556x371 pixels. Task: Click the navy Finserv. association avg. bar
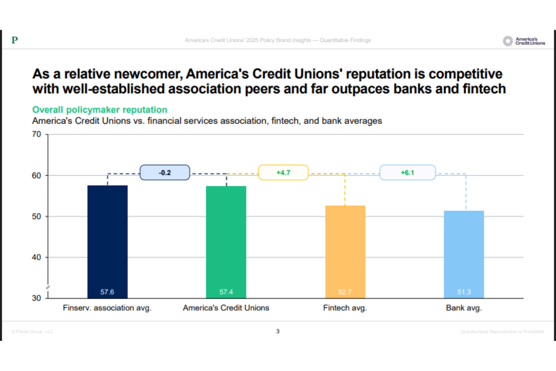(x=107, y=241)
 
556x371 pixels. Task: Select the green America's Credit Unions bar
(x=226, y=241)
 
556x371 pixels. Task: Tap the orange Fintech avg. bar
(x=345, y=250)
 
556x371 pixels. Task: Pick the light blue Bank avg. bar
(x=464, y=253)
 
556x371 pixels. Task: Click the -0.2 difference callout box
(x=165, y=173)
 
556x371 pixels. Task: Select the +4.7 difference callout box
(x=283, y=173)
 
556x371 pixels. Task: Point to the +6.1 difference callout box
(x=408, y=173)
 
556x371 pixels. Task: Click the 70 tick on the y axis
(x=37, y=135)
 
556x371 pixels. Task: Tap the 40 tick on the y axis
(x=37, y=257)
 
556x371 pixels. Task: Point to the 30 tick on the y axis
(x=37, y=298)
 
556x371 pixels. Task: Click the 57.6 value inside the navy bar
(x=107, y=292)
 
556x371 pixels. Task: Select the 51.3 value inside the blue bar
(x=464, y=292)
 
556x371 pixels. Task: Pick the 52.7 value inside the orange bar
(x=345, y=292)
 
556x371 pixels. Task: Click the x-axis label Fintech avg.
(x=345, y=308)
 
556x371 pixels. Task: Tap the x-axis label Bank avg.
(x=464, y=308)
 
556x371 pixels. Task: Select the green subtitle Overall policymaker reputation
(x=100, y=110)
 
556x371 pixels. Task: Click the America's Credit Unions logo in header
(x=524, y=41)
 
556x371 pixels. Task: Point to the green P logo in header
(x=15, y=41)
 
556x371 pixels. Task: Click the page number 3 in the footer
(x=278, y=331)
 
